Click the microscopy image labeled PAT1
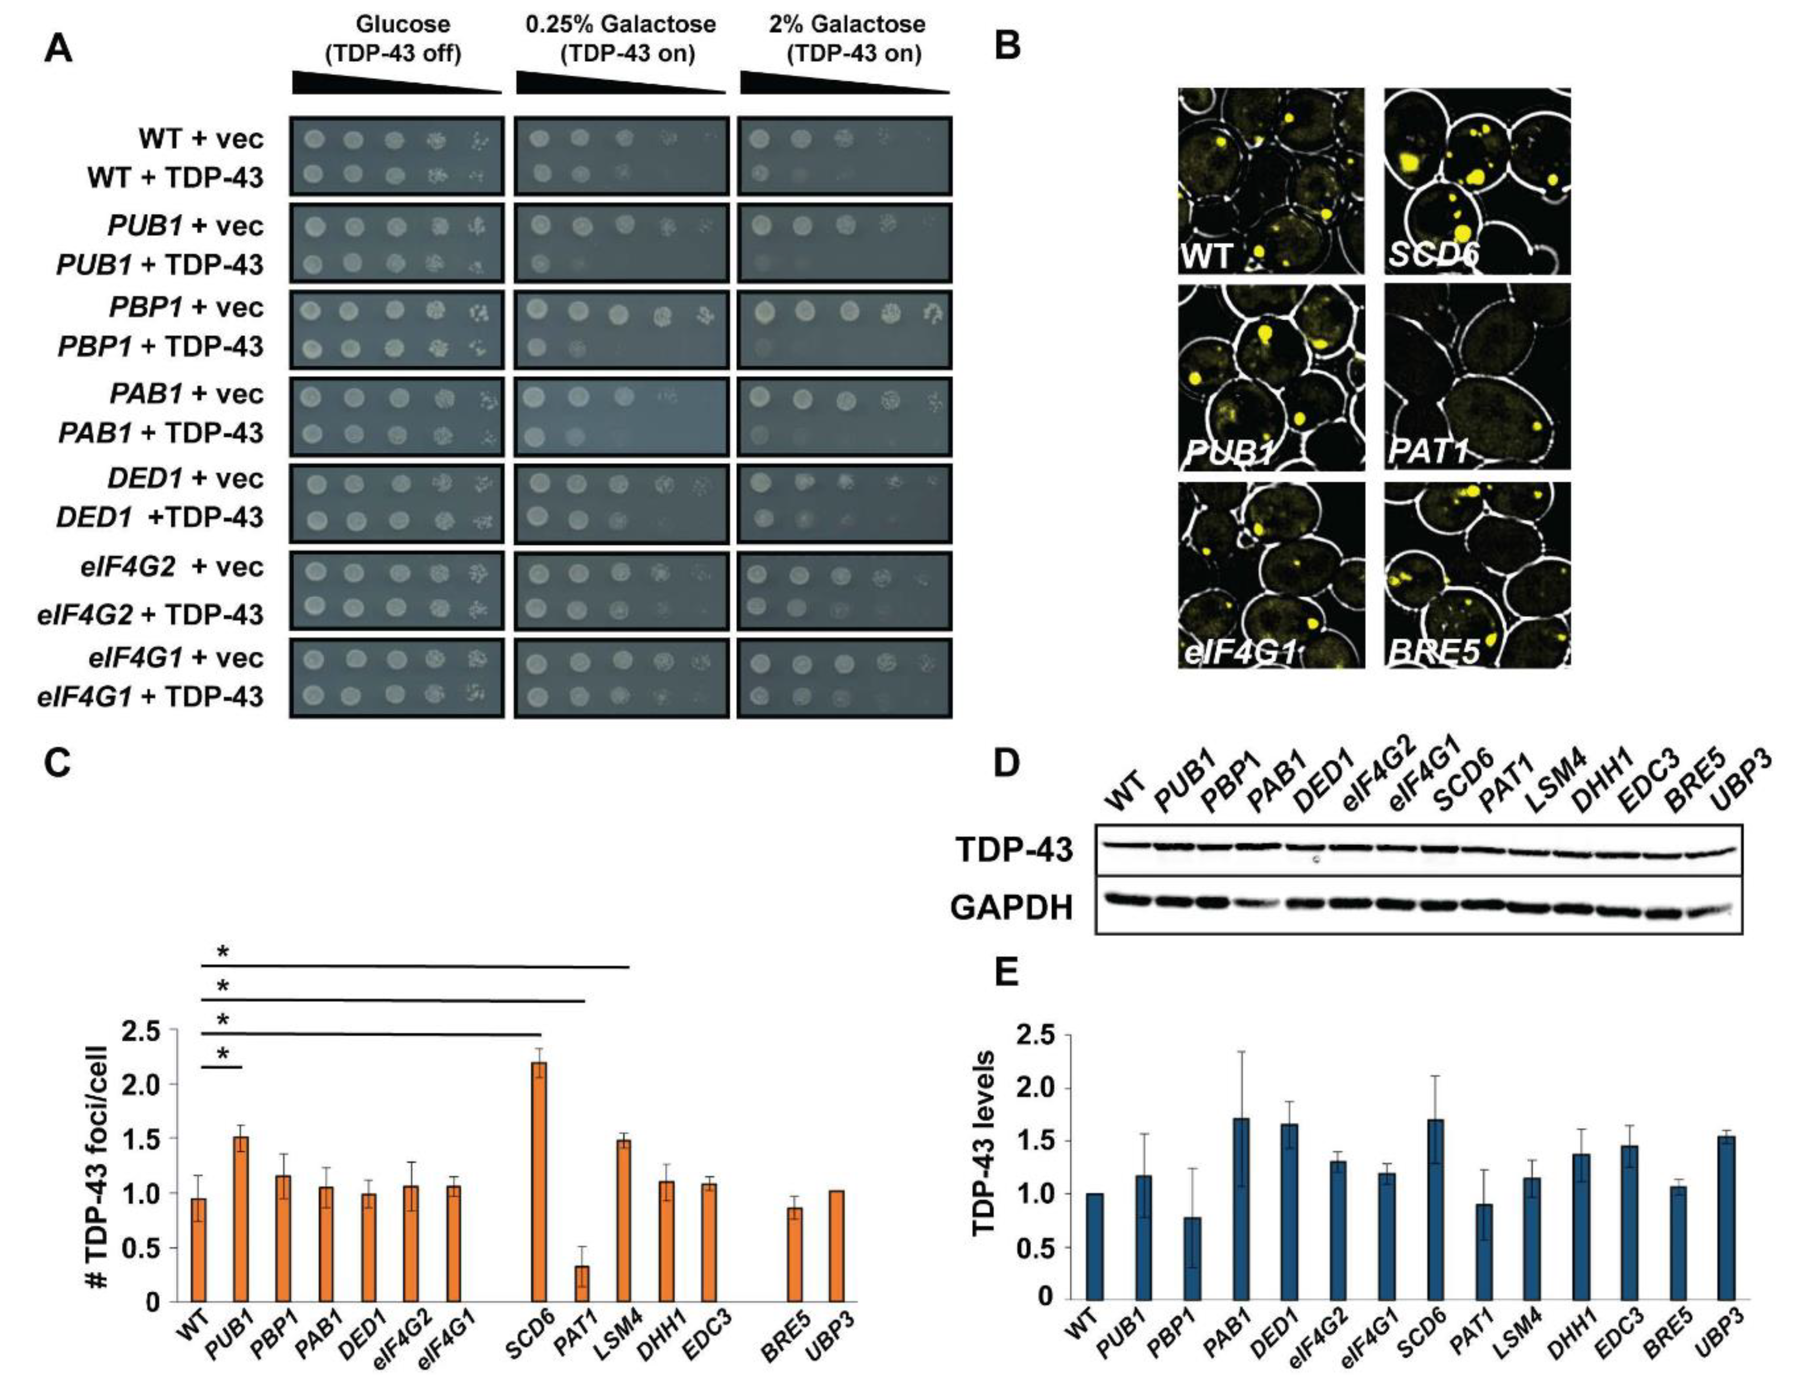click(1477, 377)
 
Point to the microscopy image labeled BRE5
click(1477, 574)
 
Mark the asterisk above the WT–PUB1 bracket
click(222, 1054)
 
